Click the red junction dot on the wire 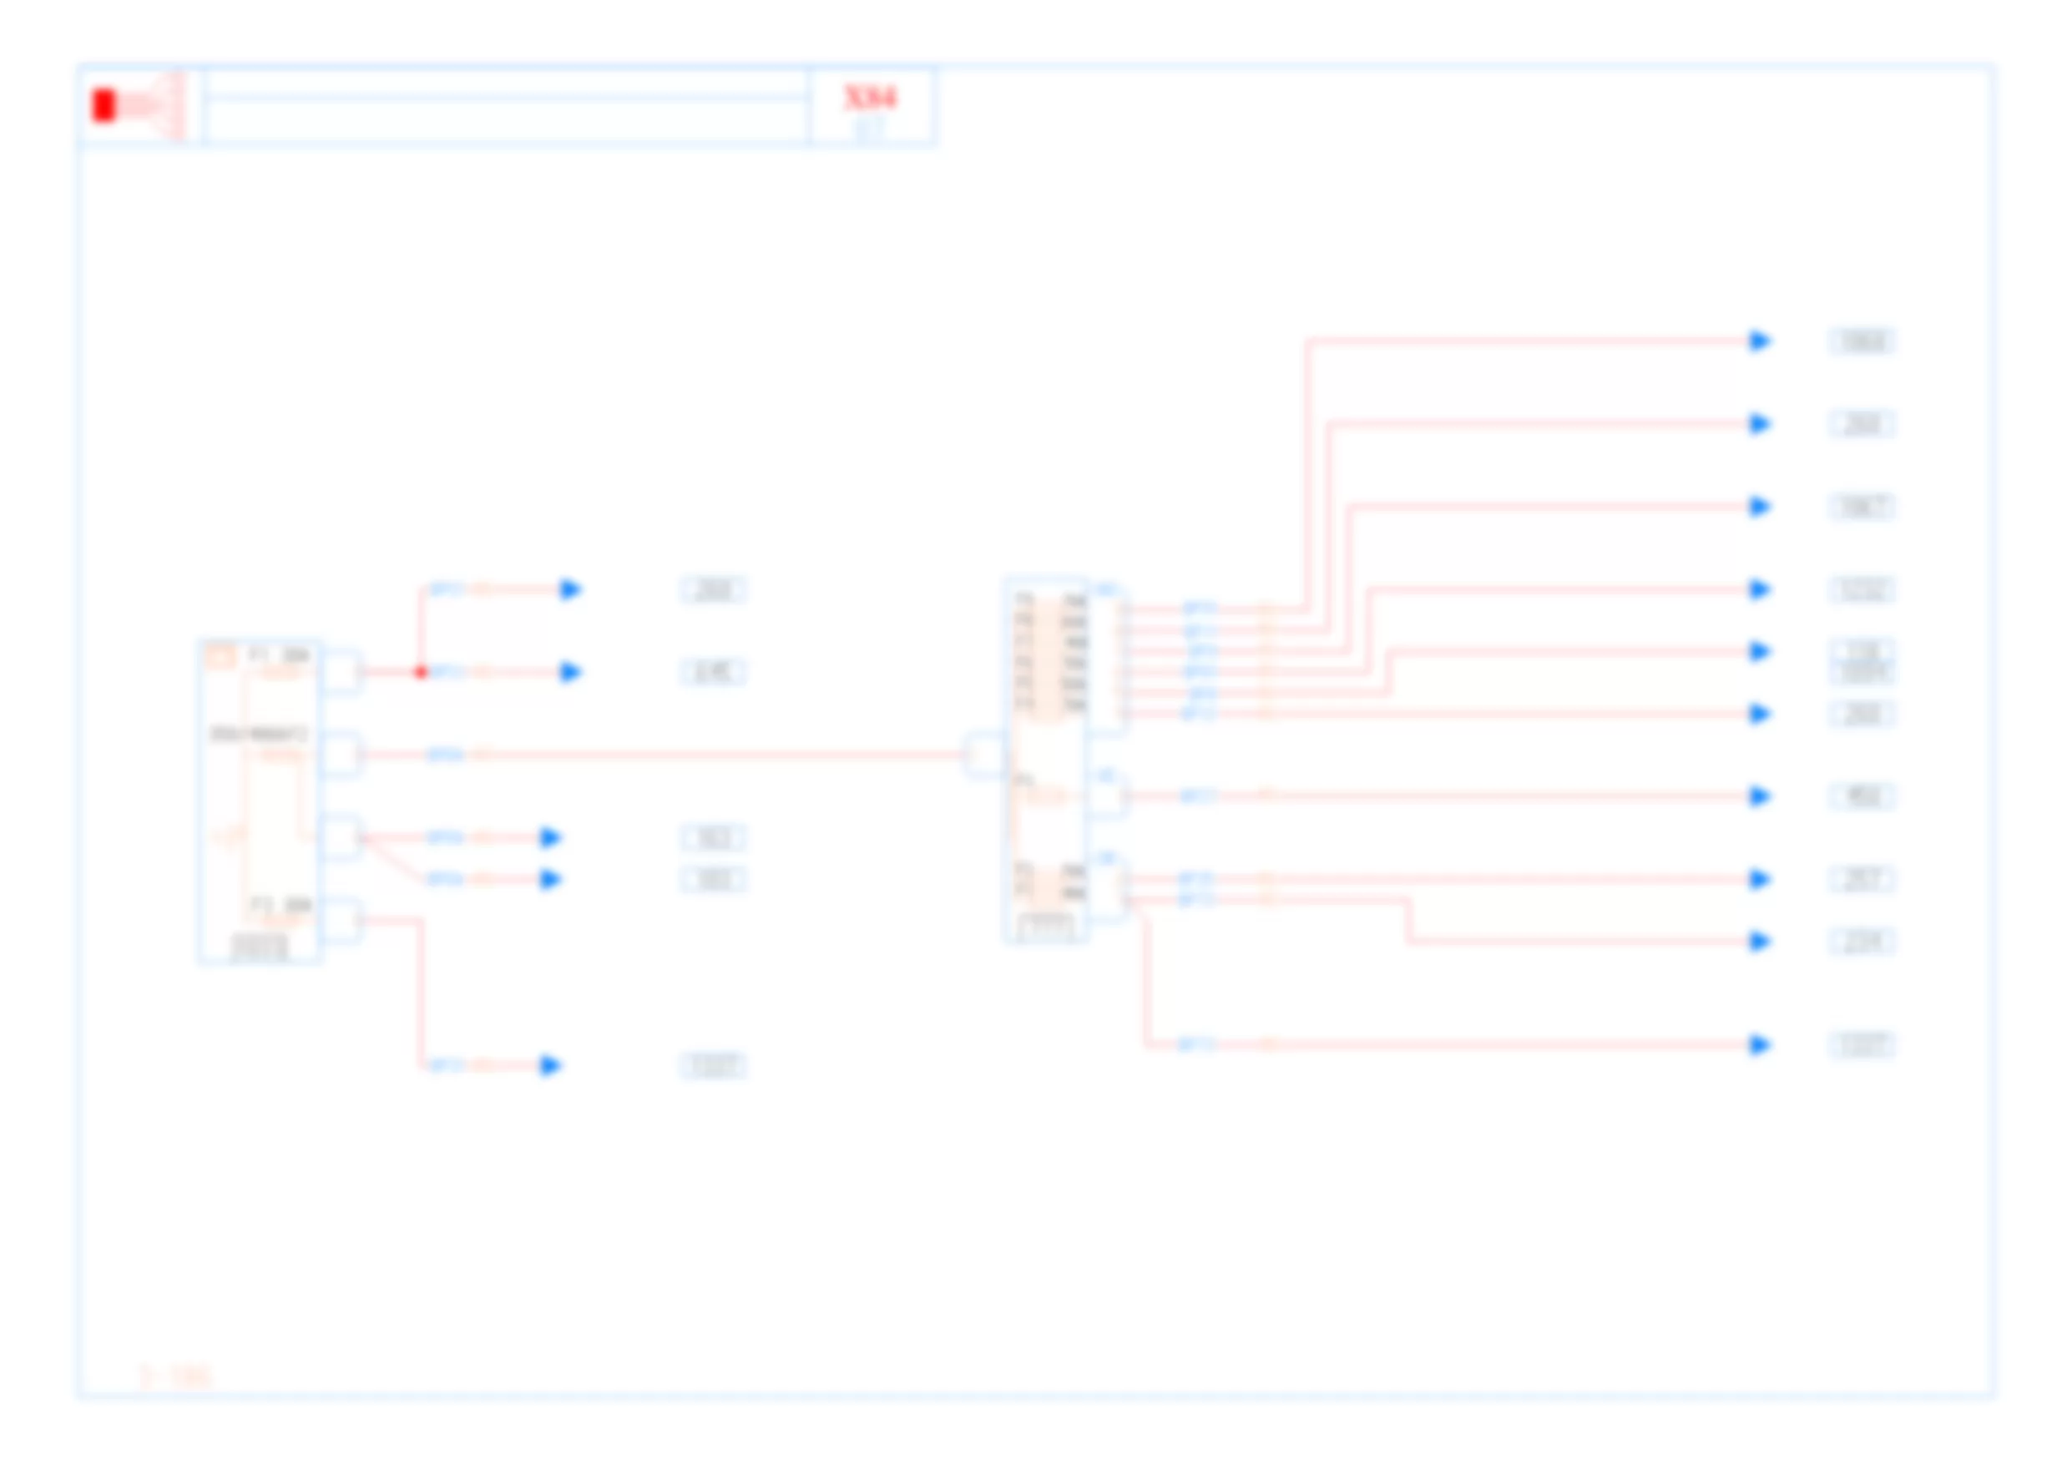pyautogui.click(x=421, y=672)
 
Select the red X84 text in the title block pyautogui.click(x=870, y=98)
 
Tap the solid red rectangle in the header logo pyautogui.click(x=104, y=106)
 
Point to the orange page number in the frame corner pyautogui.click(x=176, y=1376)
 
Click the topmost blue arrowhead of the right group pyautogui.click(x=1760, y=341)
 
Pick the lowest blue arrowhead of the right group pyautogui.click(x=1760, y=1044)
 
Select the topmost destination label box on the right pyautogui.click(x=1862, y=341)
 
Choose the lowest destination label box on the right pyautogui.click(x=1862, y=1044)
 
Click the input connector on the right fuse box pyautogui.click(x=983, y=755)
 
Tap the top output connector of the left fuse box pyautogui.click(x=341, y=672)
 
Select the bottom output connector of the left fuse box pyautogui.click(x=341, y=921)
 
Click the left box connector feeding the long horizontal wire pyautogui.click(x=341, y=755)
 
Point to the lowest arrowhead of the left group pyautogui.click(x=549, y=1065)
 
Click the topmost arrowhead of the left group pyautogui.click(x=569, y=589)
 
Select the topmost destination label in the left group pyautogui.click(x=713, y=589)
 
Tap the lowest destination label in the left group pyautogui.click(x=713, y=1065)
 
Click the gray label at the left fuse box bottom pyautogui.click(x=260, y=947)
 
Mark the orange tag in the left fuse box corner pyautogui.click(x=220, y=655)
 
